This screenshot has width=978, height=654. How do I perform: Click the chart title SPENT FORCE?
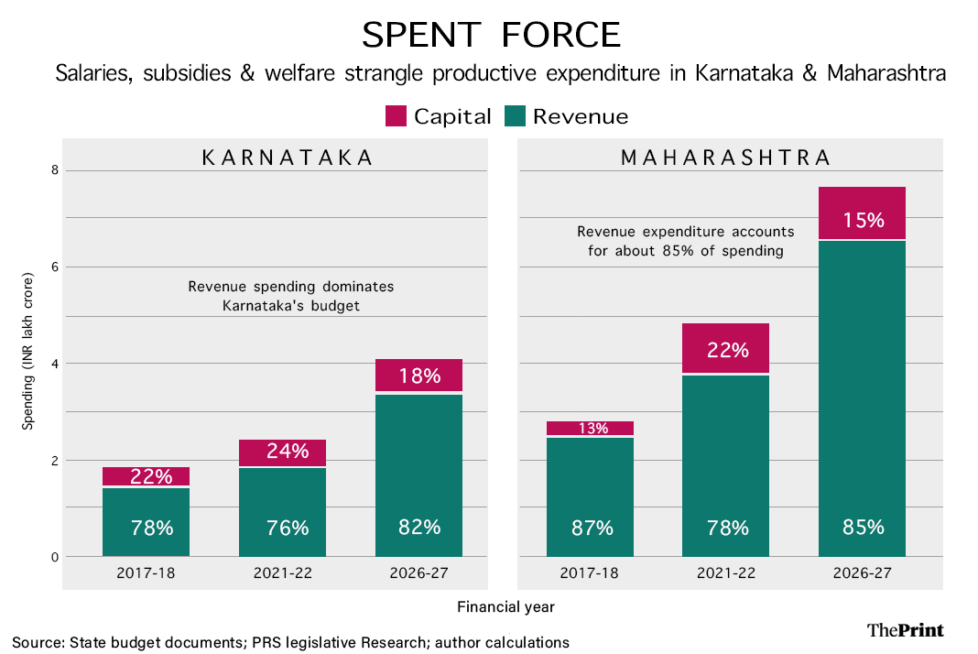point(491,35)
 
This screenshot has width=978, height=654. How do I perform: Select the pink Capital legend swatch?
point(396,116)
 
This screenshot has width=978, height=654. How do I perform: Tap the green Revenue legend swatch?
point(515,116)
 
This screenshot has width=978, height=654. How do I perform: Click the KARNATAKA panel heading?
point(288,158)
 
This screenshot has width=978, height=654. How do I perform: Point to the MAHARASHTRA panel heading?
point(725,158)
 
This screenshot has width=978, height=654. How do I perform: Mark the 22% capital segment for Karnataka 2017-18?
point(147,476)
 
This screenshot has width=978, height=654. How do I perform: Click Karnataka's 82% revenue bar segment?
point(418,475)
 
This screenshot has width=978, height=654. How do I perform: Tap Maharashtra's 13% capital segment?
point(590,428)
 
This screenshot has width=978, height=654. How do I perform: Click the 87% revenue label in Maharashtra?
point(590,528)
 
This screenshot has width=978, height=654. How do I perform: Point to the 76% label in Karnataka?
point(283,528)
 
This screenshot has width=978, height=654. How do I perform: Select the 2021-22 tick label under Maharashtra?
point(725,573)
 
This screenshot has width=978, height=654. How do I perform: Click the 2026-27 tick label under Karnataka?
point(418,573)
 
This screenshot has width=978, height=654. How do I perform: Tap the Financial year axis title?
point(505,606)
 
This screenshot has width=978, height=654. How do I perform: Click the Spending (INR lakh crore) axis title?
point(28,351)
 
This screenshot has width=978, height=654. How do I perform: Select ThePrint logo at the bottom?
point(905,629)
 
